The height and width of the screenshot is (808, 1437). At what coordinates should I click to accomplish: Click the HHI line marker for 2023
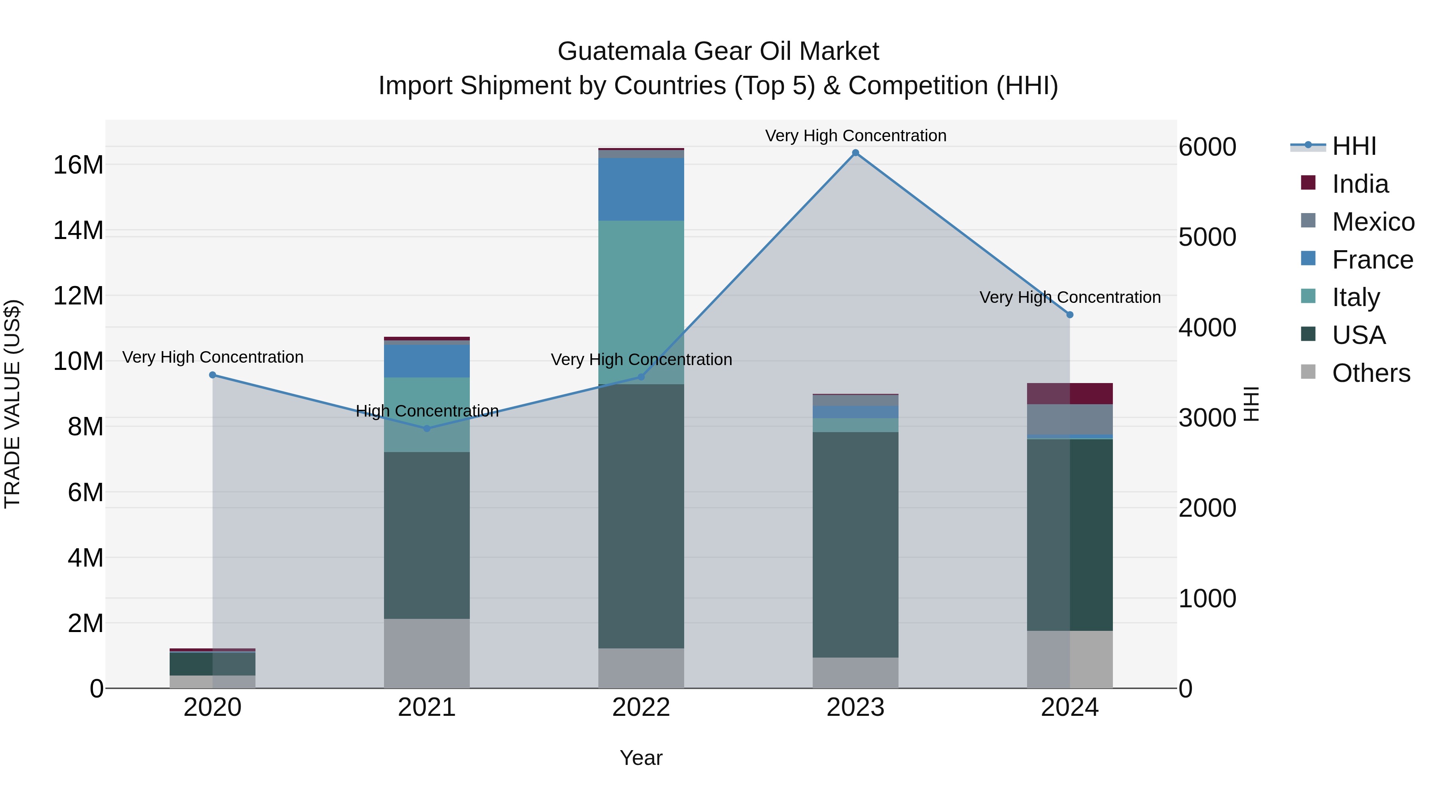point(855,153)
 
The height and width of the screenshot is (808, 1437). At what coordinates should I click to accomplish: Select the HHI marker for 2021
point(427,428)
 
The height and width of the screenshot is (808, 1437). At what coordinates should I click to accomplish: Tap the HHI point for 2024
point(1069,314)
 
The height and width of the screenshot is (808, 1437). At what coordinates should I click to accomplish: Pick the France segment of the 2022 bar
point(641,189)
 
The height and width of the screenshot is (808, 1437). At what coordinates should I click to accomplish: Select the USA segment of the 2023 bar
point(855,544)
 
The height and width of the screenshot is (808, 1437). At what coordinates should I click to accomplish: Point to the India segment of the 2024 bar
point(1069,394)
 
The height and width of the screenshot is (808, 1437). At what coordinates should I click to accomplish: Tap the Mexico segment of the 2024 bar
point(1069,419)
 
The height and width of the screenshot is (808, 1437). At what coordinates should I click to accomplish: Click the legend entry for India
point(1360,184)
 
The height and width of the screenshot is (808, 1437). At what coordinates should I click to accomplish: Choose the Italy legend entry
point(1356,297)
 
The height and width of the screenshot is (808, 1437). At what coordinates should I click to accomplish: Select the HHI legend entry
point(1354,146)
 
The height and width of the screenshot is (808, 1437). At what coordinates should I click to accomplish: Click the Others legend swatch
point(1308,372)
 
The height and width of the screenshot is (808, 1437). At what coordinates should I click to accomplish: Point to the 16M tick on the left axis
point(78,165)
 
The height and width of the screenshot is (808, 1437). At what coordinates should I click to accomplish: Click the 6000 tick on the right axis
point(1207,147)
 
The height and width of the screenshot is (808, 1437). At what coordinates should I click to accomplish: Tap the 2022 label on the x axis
point(641,707)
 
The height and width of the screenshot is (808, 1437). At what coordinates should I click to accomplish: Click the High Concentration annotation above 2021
point(427,411)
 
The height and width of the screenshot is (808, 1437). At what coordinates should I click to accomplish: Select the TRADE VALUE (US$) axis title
point(12,404)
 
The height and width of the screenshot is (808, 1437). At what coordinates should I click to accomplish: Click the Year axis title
point(641,758)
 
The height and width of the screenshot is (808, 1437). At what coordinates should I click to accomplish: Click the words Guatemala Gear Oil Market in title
point(718,51)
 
